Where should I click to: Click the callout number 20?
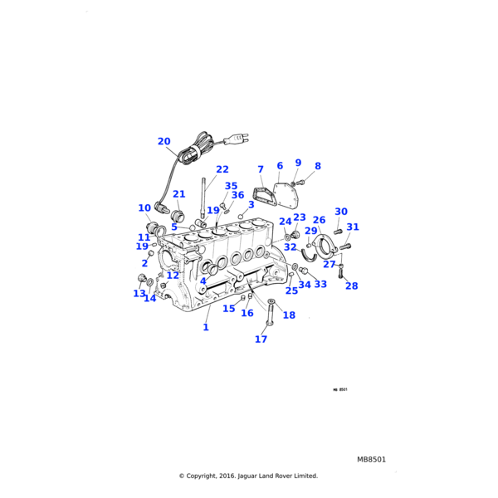click(x=164, y=141)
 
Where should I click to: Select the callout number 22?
click(x=222, y=169)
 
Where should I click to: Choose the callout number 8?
click(x=317, y=166)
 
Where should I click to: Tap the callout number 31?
click(x=353, y=227)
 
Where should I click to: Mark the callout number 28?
click(x=352, y=286)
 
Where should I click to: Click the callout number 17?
click(x=261, y=339)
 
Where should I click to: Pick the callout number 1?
click(x=206, y=327)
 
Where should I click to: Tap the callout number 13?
click(x=139, y=293)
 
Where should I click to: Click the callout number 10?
click(x=144, y=208)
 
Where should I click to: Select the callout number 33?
click(x=320, y=284)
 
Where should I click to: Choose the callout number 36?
click(x=237, y=195)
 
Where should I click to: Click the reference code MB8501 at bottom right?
click(x=372, y=459)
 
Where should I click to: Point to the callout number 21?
click(x=179, y=194)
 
